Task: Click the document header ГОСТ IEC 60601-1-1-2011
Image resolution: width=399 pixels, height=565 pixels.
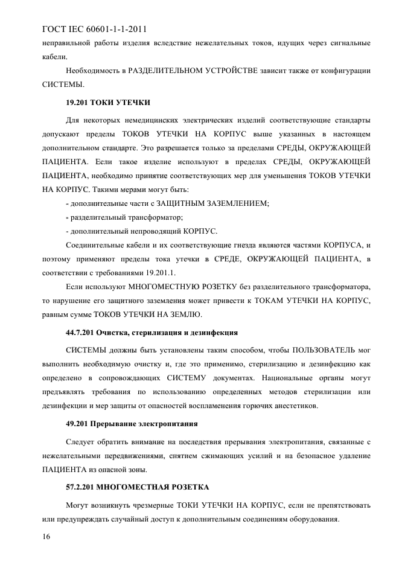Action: click(95, 28)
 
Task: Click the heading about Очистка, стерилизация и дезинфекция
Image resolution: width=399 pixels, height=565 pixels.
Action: click(152, 333)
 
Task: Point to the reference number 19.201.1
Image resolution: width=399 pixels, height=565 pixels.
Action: click(158, 272)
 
